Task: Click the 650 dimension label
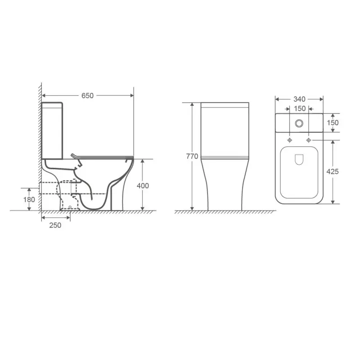87,95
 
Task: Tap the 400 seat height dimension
143,185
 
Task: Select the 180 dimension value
29,199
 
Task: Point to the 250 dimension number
55,225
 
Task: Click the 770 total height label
192,156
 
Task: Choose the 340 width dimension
299,99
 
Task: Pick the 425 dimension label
333,171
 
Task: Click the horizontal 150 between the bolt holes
300,108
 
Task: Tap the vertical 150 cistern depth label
333,122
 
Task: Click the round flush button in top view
299,123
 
